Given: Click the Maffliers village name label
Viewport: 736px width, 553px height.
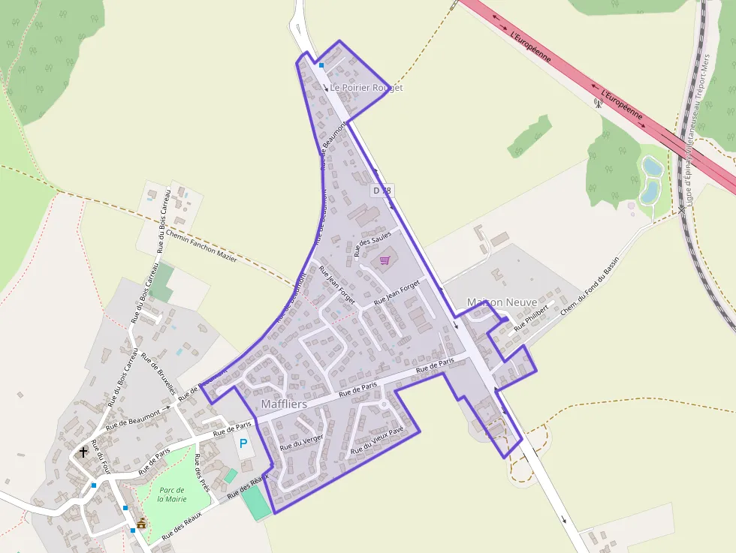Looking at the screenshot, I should (x=284, y=404).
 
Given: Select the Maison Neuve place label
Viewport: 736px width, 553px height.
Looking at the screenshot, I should (x=502, y=302).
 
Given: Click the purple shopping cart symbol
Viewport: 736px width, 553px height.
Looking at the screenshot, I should (x=385, y=260).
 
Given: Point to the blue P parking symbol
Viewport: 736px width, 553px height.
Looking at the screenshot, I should (x=243, y=443).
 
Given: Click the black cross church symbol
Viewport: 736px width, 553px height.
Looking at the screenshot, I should (x=83, y=452).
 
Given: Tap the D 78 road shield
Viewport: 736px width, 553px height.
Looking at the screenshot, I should (x=382, y=191).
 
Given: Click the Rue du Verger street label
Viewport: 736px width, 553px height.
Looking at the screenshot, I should (x=301, y=437).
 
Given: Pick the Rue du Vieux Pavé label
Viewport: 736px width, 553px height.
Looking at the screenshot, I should (x=377, y=440).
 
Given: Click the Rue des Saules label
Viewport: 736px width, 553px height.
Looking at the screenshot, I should (x=373, y=244).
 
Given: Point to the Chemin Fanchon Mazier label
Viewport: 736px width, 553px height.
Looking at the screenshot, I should (x=201, y=247).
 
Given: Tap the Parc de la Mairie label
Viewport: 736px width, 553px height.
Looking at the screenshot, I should (x=172, y=494).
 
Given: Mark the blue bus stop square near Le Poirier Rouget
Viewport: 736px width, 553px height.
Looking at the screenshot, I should (x=321, y=65).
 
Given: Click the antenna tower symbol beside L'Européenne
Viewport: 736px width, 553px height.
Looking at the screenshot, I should (x=599, y=103).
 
